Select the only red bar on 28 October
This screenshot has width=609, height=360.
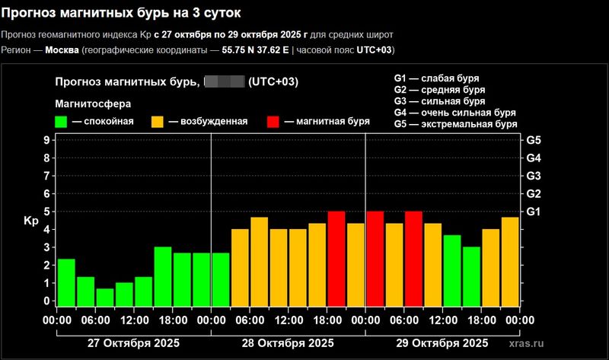click(x=336, y=259)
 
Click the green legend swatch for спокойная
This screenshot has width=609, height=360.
click(x=62, y=121)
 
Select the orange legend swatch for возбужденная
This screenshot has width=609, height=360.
click(x=158, y=121)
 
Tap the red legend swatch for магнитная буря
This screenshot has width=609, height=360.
click(x=275, y=121)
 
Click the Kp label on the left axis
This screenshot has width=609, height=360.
click(x=31, y=221)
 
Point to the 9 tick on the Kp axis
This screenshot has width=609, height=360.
click(x=46, y=140)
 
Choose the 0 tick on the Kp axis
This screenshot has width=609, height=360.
click(x=46, y=301)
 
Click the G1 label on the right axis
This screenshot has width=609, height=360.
click(x=533, y=211)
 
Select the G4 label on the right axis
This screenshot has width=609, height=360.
click(x=533, y=158)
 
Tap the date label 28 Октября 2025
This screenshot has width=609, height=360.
click(x=288, y=343)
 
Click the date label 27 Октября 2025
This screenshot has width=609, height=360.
click(x=133, y=343)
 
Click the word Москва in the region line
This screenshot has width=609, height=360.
click(x=62, y=50)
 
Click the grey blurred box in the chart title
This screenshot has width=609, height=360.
click(x=224, y=82)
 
